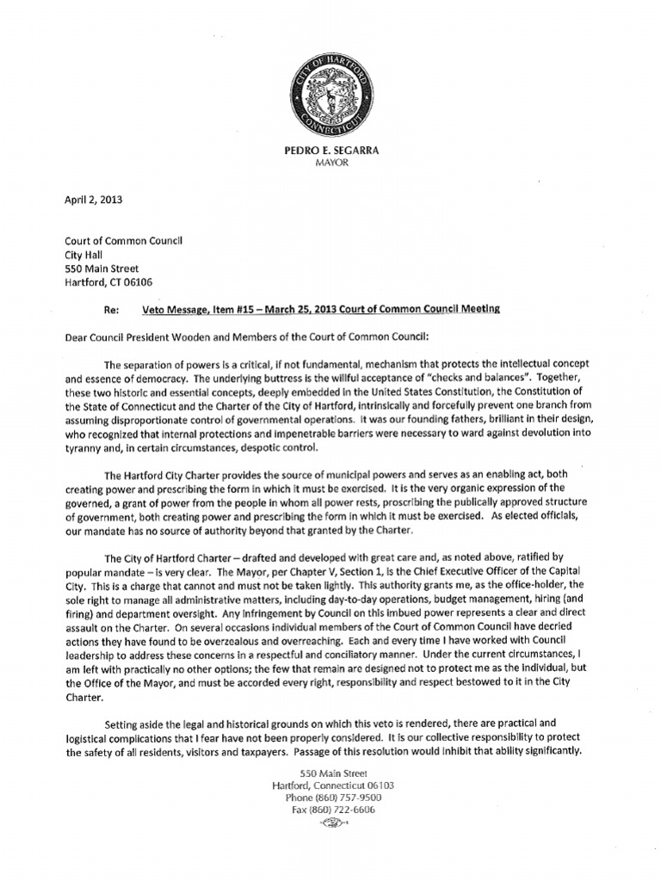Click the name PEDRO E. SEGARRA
(x=330, y=151)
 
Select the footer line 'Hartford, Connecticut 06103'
(x=330, y=786)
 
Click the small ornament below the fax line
(x=330, y=822)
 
